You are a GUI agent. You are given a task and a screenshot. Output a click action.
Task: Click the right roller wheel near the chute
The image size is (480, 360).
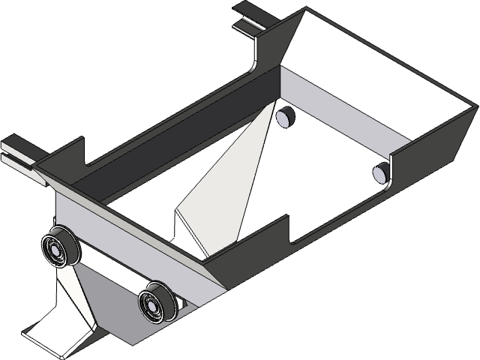[157, 303]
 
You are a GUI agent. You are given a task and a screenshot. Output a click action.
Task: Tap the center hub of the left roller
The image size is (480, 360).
[55, 249]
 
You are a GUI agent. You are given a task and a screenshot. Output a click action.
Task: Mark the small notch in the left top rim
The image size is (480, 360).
[86, 160]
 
